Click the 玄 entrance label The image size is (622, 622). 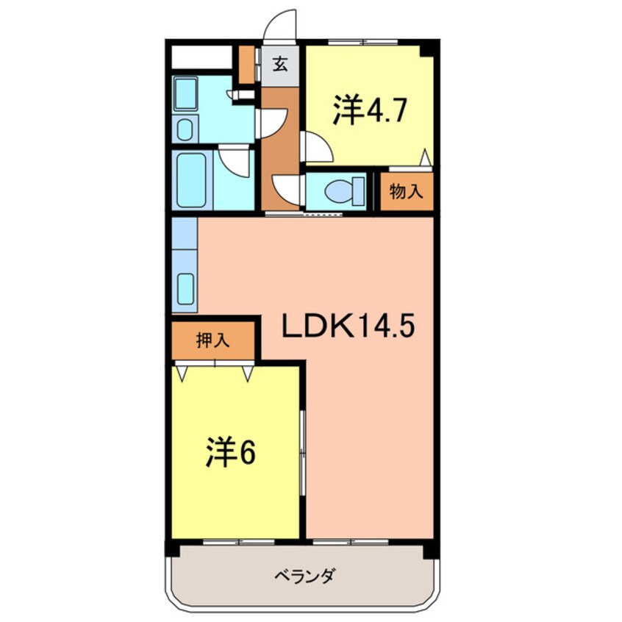click(x=280, y=63)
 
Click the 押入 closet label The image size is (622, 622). click(x=213, y=340)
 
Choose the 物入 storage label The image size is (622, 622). click(x=405, y=192)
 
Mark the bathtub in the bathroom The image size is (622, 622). click(x=190, y=179)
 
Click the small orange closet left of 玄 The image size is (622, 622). click(x=246, y=65)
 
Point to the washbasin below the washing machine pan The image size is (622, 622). click(x=185, y=129)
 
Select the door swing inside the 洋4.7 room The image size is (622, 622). click(x=318, y=147)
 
